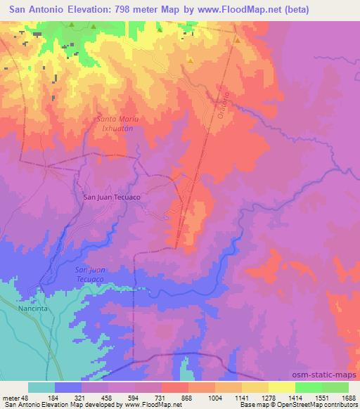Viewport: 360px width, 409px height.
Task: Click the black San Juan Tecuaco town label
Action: (112, 197)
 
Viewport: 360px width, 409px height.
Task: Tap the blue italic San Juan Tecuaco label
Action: (89, 275)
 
